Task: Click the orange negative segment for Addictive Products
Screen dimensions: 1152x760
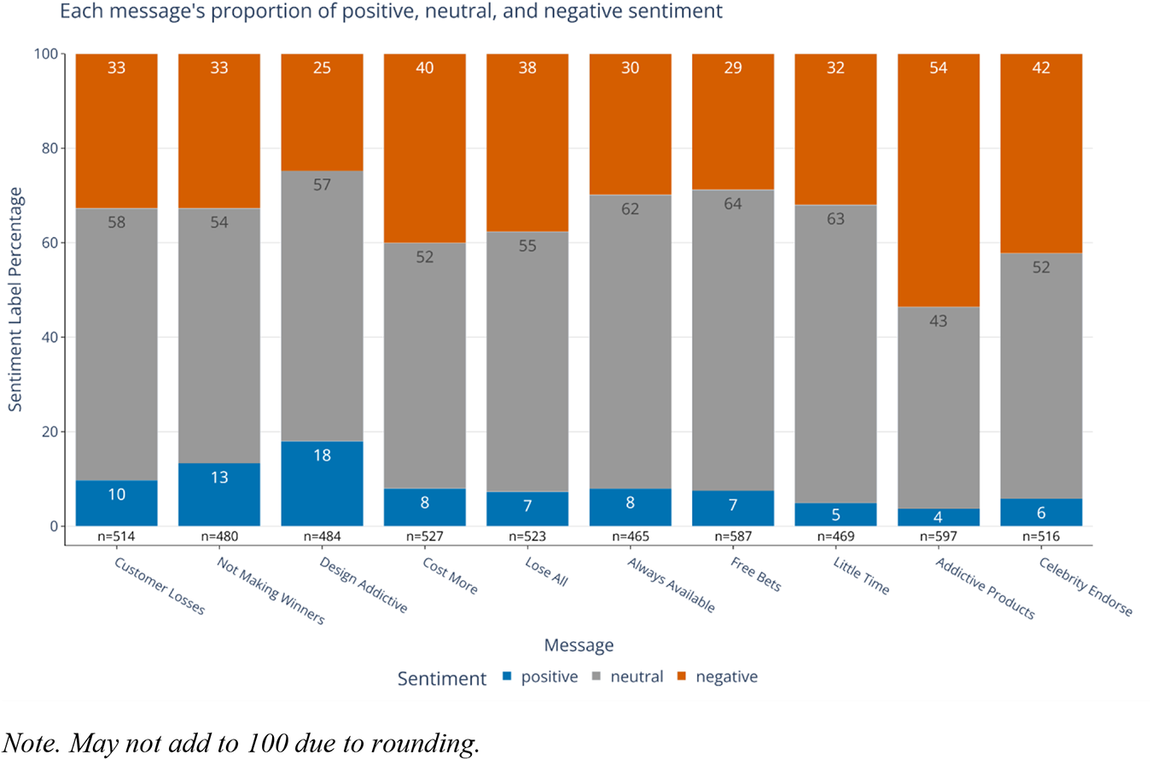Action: pyautogui.click(x=938, y=180)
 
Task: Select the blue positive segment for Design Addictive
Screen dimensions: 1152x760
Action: pyautogui.click(x=322, y=484)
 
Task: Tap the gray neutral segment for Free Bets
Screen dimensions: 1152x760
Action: pyautogui.click(x=733, y=340)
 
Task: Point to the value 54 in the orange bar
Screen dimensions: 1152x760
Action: pyautogui.click(x=938, y=68)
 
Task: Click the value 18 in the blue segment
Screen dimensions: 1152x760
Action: pyautogui.click(x=322, y=455)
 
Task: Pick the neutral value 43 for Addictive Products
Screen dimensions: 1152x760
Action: pyautogui.click(x=938, y=322)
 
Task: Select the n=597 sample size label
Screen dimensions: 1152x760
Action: pyautogui.click(x=938, y=537)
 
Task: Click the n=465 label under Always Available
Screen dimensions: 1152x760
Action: pyautogui.click(x=630, y=537)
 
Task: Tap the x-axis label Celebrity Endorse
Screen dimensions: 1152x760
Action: pyautogui.click(x=1086, y=586)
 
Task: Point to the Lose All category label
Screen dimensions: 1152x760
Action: pyautogui.click(x=546, y=571)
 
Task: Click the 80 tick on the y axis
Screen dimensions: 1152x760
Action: pyautogui.click(x=49, y=148)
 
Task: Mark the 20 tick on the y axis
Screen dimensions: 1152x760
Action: pyautogui.click(x=49, y=432)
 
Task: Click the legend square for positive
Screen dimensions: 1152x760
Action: pyautogui.click(x=507, y=676)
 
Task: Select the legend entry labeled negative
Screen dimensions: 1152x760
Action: pyautogui.click(x=718, y=676)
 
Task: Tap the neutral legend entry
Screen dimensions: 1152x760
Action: pyautogui.click(x=628, y=676)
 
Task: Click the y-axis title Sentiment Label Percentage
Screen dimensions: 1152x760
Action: pyautogui.click(x=15, y=299)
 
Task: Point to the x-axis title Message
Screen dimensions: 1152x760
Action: pyautogui.click(x=579, y=645)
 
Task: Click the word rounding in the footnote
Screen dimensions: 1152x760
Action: pyautogui.click(x=424, y=744)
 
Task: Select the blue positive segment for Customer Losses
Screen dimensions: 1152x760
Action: pyautogui.click(x=116, y=503)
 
